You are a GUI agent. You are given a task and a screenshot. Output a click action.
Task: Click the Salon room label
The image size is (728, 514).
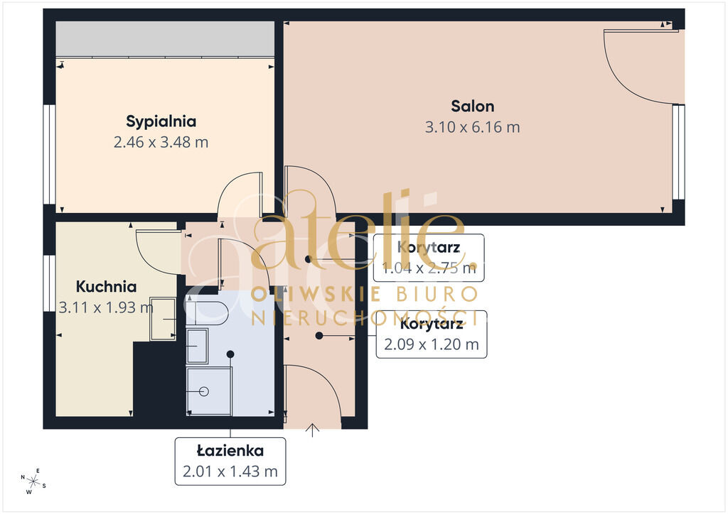pos(473,106)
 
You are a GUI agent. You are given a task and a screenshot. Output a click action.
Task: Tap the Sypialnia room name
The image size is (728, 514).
pos(161,121)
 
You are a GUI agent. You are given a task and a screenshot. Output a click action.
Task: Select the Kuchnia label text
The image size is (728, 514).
pos(107,286)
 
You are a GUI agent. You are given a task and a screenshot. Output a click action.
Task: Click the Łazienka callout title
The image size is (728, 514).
pos(230,450)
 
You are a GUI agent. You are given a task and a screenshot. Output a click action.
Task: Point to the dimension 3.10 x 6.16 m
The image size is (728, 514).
pos(473,127)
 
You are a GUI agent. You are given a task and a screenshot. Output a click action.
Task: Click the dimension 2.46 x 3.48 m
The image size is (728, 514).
pos(161,142)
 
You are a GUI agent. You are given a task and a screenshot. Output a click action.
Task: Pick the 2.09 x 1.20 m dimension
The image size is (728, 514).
pos(432,344)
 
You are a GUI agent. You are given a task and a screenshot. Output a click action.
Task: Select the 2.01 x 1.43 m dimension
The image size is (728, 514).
pos(230,471)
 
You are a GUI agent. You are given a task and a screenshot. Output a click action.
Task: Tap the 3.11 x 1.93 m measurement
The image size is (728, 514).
pos(106,307)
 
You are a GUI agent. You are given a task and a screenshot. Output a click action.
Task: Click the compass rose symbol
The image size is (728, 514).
pos(33,481)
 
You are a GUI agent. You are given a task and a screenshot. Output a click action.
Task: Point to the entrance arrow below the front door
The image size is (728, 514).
pos(313,430)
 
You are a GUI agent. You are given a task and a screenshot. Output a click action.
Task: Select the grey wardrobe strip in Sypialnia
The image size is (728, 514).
pos(165,39)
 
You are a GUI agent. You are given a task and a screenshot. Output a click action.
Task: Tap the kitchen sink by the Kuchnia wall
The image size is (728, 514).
pos(163,319)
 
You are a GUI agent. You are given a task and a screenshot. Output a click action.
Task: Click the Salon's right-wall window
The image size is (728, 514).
pos(678,152)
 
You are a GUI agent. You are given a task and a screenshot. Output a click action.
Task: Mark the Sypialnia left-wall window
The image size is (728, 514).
pos(49,154)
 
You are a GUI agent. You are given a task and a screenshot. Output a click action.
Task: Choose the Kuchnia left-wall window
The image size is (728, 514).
pos(49,283)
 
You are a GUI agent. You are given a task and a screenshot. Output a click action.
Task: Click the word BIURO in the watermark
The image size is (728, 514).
pos(437,294)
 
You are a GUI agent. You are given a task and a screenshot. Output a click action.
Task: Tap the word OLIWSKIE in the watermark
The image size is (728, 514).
pos(316,295)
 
